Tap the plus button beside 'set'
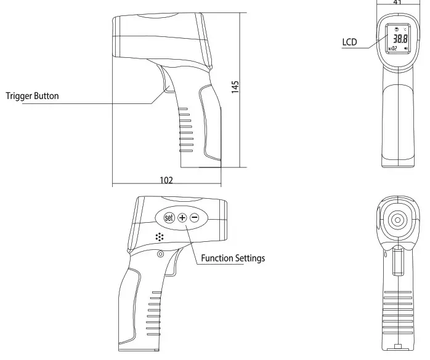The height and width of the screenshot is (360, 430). [x=182, y=218]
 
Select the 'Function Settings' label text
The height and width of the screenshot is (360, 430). [x=233, y=258]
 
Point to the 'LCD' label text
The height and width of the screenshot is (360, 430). [x=349, y=42]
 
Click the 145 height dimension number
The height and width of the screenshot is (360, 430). [x=235, y=86]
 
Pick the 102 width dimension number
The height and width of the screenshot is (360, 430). [x=166, y=180]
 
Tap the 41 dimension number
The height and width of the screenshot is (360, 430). [x=397, y=2]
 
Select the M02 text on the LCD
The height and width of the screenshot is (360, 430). [x=392, y=47]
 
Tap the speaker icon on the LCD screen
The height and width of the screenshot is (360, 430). [x=405, y=47]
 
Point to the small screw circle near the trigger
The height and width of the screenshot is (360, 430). [x=160, y=254]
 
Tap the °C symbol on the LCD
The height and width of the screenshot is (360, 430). [x=405, y=28]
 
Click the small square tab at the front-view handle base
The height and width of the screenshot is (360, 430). [x=397, y=346]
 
